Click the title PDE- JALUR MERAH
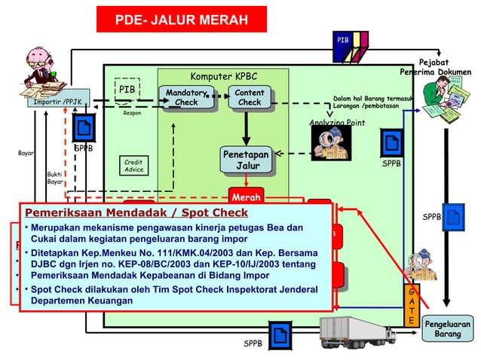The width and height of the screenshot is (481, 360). pyautogui.click(x=181, y=20)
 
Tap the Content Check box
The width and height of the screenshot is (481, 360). pyautogui.click(x=249, y=97)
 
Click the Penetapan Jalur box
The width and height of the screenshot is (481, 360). pyautogui.click(x=245, y=160)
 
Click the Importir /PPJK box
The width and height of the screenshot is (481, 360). pyautogui.click(x=58, y=99)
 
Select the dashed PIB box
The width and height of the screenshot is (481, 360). pyautogui.click(x=127, y=90)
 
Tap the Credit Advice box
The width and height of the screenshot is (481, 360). pyautogui.click(x=133, y=166)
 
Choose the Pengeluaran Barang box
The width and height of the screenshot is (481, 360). pyautogui.click(x=449, y=329)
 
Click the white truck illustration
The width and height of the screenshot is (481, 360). pyautogui.click(x=354, y=331)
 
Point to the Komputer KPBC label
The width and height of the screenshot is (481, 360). pyautogui.click(x=223, y=76)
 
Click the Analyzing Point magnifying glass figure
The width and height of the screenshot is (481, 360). pyautogui.click(x=331, y=142)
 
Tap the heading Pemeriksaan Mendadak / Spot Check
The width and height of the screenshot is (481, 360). pyautogui.click(x=136, y=212)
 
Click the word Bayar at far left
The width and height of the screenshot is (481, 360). pyautogui.click(x=26, y=153)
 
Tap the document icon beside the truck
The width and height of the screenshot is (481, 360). pyautogui.click(x=278, y=334)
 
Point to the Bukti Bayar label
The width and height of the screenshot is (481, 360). pyautogui.click(x=55, y=177)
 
